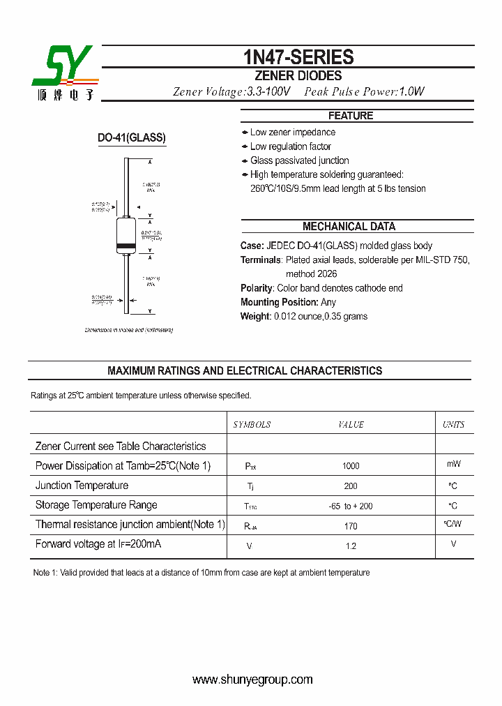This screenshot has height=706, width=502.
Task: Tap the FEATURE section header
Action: point(351,116)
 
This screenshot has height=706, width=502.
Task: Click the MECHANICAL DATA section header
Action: point(349,227)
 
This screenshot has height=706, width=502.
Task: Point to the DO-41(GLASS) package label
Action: point(131,139)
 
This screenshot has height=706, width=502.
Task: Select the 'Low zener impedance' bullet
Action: point(292,133)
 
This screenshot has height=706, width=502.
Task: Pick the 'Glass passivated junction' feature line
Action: point(299,160)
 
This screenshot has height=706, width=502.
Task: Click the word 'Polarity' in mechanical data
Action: point(256,288)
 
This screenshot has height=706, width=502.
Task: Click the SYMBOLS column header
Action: point(252,425)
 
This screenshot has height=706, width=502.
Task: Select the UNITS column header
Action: point(453,425)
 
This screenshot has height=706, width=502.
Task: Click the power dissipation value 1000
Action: point(351,466)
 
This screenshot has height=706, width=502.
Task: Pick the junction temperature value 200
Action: point(351,486)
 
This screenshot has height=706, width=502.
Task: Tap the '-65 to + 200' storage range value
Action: point(351,506)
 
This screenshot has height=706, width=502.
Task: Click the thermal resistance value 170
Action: point(351,526)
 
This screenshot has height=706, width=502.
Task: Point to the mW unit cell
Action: point(453,464)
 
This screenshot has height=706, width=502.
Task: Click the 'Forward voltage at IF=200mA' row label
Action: point(98,544)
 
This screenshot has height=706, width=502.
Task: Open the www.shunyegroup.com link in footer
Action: point(252,679)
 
